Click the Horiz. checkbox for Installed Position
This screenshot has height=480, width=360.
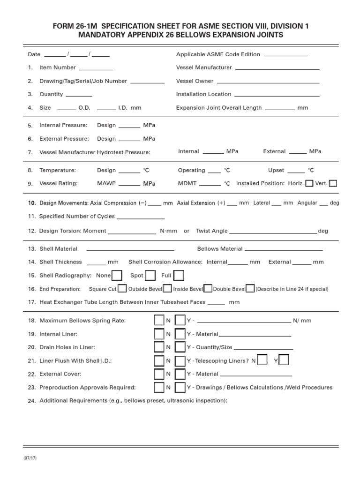point(309,183)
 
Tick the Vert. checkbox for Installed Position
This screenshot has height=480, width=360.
point(333,183)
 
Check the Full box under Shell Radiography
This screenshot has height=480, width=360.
point(179,275)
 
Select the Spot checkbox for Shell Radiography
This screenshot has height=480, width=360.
point(150,275)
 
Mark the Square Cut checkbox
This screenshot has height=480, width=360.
point(122,289)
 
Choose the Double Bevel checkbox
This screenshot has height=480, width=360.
point(250,289)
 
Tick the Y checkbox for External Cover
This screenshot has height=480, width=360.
point(180,374)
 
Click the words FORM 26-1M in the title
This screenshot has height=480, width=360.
point(75,26)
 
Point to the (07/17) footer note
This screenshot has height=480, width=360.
point(30,458)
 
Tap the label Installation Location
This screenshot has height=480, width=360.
point(203,94)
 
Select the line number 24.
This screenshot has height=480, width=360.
point(32,401)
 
